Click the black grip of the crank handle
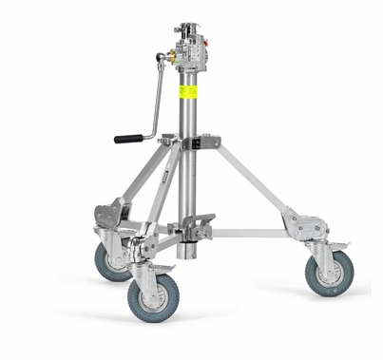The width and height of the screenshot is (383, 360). pos(128,139)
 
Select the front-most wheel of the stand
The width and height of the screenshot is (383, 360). pos(151,298)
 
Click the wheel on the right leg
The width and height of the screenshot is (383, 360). pos(330,273)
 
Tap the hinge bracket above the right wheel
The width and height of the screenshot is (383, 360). pos(306,225)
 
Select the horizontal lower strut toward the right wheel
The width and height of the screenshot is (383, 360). pos(252,233)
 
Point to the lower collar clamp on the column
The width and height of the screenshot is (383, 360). pos(194,228)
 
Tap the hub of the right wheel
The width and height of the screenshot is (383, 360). pos(330,274)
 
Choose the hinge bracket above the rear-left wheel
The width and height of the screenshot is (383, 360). pos(112,213)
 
